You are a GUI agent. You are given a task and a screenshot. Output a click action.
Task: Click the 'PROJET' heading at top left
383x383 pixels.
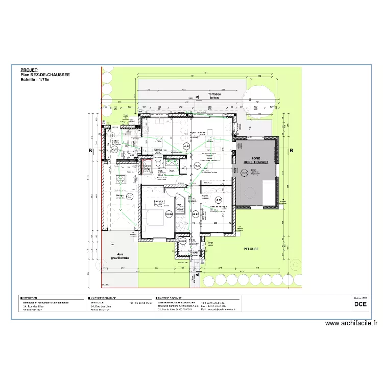click(29, 69)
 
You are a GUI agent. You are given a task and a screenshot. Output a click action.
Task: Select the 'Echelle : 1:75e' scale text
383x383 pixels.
click(35, 80)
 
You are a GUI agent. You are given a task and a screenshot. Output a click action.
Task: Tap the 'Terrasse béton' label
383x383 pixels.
click(209, 96)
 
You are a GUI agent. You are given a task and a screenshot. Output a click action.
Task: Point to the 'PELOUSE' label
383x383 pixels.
click(251, 249)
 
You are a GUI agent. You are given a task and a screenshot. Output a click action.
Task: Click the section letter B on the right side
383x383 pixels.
click(292, 151)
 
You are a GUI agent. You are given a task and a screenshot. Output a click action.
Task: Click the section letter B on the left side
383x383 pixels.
click(90, 151)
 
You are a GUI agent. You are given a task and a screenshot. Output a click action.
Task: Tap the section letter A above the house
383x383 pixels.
click(195, 97)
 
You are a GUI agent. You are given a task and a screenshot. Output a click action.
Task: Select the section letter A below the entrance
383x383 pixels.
click(195, 277)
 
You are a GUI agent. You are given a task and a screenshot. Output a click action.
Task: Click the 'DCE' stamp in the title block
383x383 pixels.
click(360, 305)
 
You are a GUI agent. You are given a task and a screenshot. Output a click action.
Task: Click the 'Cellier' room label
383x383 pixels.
click(115, 141)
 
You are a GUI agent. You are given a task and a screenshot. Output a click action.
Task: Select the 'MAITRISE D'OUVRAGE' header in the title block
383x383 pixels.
click(104, 297)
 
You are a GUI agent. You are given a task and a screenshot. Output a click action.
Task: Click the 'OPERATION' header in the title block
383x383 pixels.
click(31, 297)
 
